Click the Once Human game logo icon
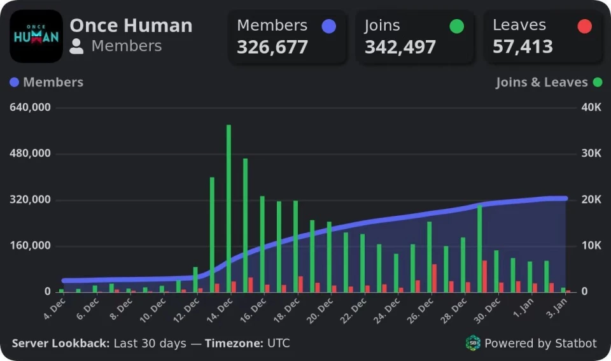point(36,36)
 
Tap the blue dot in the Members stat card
point(328,26)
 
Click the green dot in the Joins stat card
point(456,26)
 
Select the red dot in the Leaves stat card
point(584,26)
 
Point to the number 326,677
point(272,47)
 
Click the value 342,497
point(400,47)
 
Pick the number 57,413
point(523,47)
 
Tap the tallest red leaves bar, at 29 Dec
point(484,276)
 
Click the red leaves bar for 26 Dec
point(435,278)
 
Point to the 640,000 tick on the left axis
point(30,107)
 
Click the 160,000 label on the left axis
point(30,246)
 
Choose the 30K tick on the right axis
point(591,153)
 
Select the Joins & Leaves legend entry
point(549,82)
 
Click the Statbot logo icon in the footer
point(473,343)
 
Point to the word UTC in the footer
point(278,343)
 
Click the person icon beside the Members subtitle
point(77,46)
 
